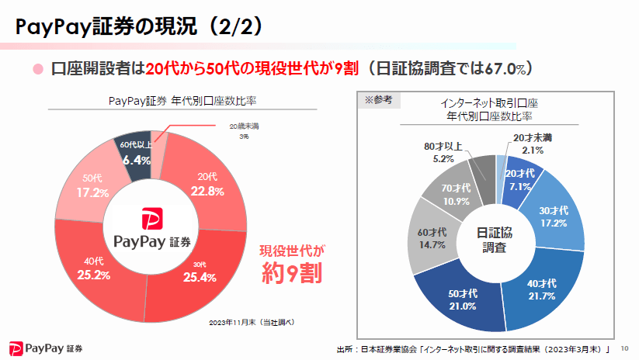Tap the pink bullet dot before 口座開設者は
tap(36, 69)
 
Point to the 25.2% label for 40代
tap(93, 275)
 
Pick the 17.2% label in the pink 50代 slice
tap(92, 191)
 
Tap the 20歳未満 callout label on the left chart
tap(245, 126)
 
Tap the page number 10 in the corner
tap(626, 349)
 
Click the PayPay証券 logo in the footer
tap(47, 347)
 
